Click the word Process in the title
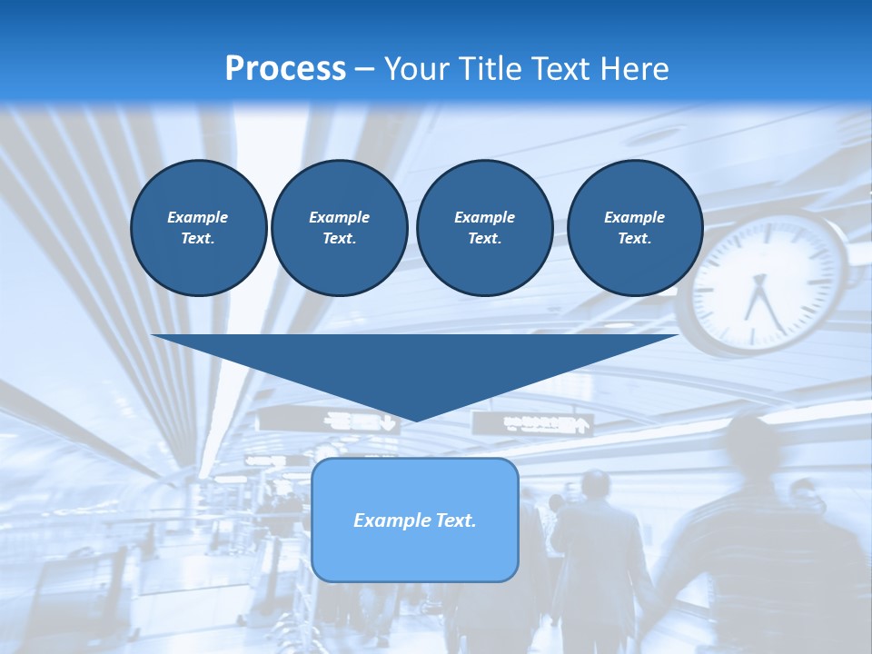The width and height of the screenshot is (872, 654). coord(285,69)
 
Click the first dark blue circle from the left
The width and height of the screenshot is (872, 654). coord(198,228)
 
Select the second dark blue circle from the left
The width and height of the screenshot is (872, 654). coord(339,228)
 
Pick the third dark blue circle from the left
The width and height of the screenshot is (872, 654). coord(484,228)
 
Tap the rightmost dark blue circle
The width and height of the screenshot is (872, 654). coord(635,228)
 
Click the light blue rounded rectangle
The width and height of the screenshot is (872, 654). coord(415,520)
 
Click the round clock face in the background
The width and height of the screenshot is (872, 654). coord(768,281)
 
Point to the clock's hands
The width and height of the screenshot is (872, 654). coord(759,300)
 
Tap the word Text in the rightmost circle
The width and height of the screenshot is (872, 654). coord(634,239)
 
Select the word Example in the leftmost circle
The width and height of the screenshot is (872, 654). coord(198,217)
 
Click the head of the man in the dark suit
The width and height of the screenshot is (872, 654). coord(596,485)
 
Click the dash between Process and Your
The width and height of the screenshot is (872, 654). coord(365,69)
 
